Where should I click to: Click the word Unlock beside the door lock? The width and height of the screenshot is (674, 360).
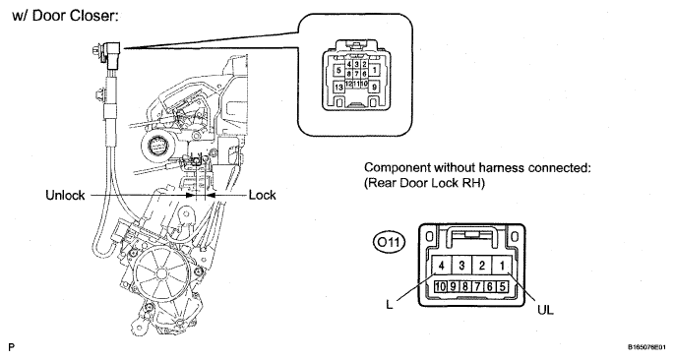coord(65,196)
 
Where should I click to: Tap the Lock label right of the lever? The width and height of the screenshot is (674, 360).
coord(262,195)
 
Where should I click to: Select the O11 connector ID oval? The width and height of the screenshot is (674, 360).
coord(389,243)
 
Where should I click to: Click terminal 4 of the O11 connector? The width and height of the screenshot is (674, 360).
coord(441,266)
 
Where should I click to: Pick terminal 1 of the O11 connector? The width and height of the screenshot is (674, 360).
coord(502,266)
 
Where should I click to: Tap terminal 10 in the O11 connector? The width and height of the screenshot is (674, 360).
coord(440,286)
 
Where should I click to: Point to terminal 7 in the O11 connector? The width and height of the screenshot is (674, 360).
coord(477,286)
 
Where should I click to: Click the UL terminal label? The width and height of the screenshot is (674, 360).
coord(545,310)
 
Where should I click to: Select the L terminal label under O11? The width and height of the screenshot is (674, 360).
coord(390,305)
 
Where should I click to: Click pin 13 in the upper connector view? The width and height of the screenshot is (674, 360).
coord(338,88)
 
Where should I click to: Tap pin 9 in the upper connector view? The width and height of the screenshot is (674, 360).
coord(374,88)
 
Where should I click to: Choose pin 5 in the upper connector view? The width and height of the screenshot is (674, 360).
coord(338,70)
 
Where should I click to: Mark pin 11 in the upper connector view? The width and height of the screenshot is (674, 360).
coord(356,84)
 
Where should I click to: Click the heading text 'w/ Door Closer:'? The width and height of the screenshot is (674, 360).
coord(65,16)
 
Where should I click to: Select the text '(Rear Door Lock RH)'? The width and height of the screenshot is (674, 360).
coord(425,183)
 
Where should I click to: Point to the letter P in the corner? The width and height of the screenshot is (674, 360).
coord(11,347)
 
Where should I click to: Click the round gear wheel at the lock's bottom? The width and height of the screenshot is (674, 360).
coord(160,273)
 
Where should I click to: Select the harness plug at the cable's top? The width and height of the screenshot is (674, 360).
coord(112,54)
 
